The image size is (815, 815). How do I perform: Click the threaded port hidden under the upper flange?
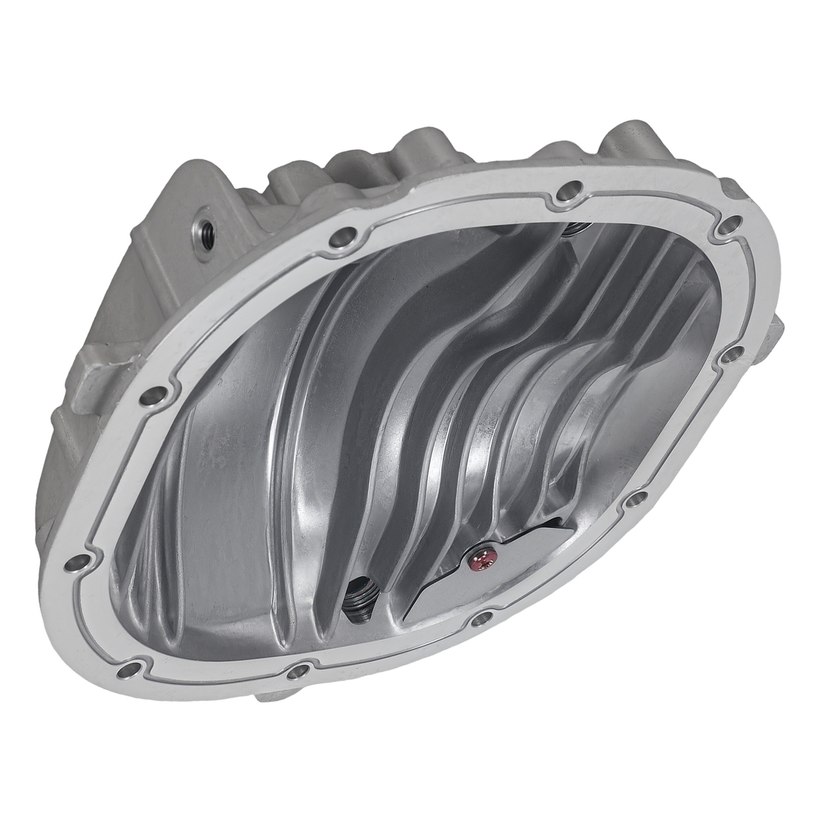[x=569, y=229]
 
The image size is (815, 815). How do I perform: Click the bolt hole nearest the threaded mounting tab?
[x=338, y=237]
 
